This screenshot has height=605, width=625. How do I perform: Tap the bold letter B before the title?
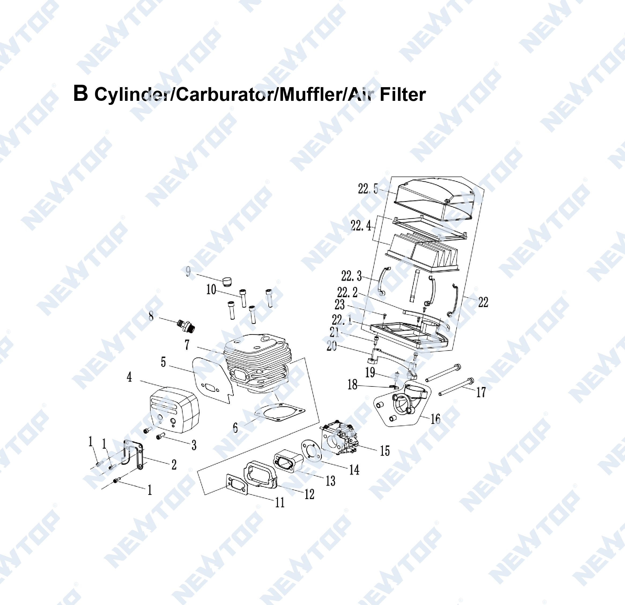80,93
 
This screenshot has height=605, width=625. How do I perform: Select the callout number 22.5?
368,189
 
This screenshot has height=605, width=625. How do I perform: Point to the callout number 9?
188,272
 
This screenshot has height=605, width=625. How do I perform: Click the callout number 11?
280,502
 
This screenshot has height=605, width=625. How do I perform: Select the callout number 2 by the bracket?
174,464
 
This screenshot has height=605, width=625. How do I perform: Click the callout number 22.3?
352,276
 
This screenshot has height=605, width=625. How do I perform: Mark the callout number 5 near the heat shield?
163,362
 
